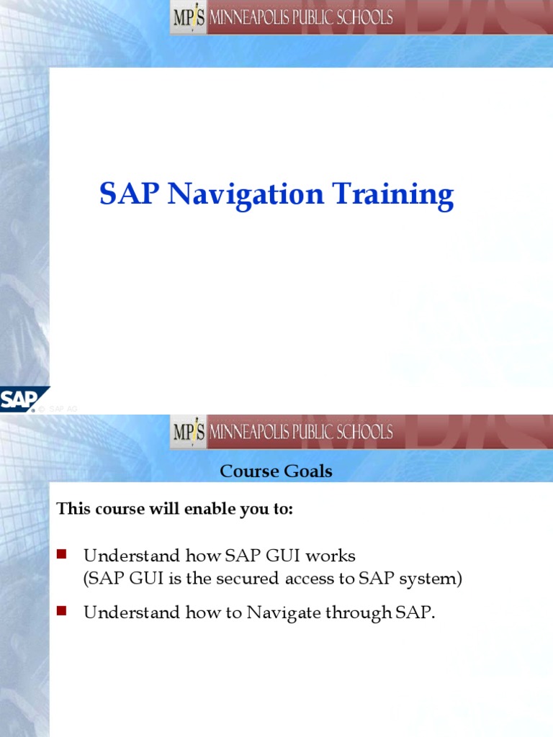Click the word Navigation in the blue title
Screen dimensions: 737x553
246,196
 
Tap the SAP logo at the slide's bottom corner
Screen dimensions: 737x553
22,399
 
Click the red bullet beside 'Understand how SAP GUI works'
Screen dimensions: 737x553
61,553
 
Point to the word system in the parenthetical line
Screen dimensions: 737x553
431,579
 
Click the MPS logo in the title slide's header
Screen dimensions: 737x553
189,18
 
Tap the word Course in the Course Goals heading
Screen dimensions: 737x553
248,471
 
